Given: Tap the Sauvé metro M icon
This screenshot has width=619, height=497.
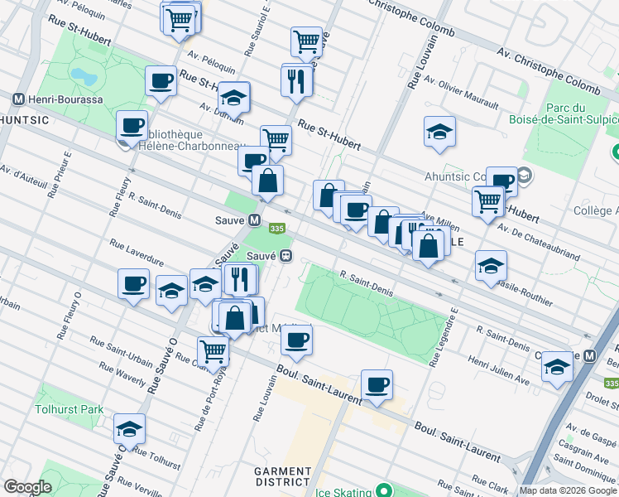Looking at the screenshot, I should point(256,220).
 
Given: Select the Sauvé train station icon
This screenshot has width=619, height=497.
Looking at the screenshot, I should point(286,256).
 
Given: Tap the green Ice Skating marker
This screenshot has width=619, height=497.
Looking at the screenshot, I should point(383,491).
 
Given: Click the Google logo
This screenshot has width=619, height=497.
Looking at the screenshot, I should point(27,487).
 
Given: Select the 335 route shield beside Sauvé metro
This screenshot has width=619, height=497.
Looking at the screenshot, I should point(277,229).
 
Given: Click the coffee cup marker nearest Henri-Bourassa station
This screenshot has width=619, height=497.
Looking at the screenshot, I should point(132,125).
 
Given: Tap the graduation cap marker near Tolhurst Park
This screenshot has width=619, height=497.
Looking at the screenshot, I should point(129,428).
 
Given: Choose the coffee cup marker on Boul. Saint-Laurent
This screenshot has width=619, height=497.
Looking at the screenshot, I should point(377,384).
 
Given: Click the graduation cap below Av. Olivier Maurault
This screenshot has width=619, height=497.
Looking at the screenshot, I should point(439,131).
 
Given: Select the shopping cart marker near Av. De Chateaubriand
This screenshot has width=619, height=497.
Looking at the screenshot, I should point(488,200).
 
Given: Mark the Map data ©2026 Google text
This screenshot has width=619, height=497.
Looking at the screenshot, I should point(568,490).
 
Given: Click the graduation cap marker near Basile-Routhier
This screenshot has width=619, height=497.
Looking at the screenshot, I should point(492,265).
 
